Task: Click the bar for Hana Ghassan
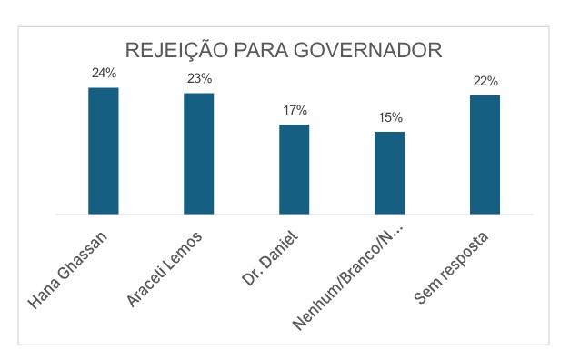104,151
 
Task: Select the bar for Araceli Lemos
199,154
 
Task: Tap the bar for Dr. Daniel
294,169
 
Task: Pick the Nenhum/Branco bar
390,173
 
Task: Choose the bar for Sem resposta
485,155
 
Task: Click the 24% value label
104,73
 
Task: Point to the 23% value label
200,78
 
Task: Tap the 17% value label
295,110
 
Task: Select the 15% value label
390,117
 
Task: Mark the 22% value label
485,81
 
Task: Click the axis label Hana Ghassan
67,270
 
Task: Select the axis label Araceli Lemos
165,269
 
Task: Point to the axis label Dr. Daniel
270,258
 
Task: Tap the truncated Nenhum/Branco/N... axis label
348,277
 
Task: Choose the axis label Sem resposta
451,267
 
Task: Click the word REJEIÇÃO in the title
176,49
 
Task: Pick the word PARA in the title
261,50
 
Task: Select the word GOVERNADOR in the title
368,50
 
